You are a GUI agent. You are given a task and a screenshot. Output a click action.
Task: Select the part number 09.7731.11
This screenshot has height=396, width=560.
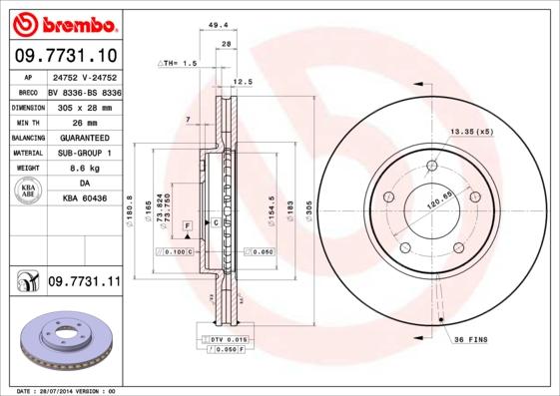[x=84, y=283]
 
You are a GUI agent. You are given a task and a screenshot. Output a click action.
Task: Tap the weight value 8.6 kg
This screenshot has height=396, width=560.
[x=84, y=170]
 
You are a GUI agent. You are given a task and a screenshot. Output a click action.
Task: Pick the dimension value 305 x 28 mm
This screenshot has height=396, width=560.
[x=84, y=107]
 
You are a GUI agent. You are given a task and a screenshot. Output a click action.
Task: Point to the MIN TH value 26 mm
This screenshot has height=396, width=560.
[x=84, y=122]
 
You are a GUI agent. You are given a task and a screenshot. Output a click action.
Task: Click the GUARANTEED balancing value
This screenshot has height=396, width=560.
[x=84, y=138]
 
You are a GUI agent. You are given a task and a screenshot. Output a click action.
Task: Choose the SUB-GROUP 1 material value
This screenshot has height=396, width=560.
[x=84, y=154]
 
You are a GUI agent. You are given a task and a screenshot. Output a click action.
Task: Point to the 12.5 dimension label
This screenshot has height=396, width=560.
[x=241, y=82]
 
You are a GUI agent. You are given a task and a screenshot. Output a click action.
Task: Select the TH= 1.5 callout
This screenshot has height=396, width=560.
[x=181, y=63]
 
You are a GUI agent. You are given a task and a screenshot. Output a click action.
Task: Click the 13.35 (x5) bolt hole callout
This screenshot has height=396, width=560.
[x=471, y=132]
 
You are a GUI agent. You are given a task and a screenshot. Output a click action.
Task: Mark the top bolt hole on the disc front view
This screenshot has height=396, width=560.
[x=431, y=166]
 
